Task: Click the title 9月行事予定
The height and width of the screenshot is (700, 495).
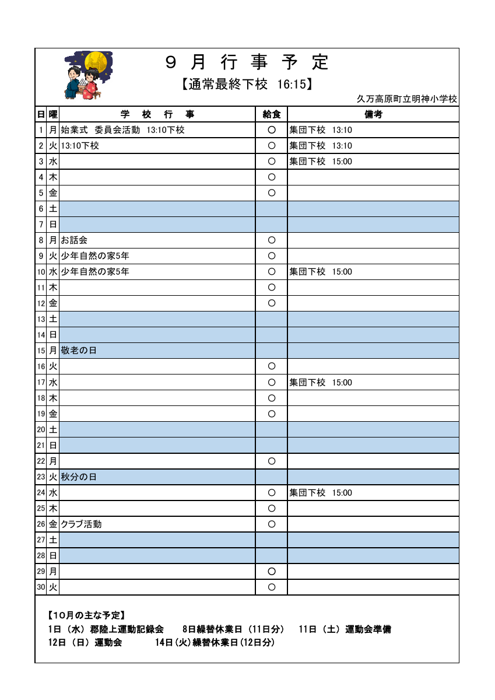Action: tap(247, 62)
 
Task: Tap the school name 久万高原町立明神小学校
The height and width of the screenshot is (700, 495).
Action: tap(407, 99)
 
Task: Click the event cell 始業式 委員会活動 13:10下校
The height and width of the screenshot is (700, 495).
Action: tap(122, 130)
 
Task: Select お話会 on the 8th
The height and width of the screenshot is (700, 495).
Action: tap(75, 240)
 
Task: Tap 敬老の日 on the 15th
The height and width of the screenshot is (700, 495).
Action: tap(79, 351)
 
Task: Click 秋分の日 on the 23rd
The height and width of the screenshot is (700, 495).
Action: tap(79, 477)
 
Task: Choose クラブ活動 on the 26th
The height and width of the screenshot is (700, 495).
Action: tap(81, 524)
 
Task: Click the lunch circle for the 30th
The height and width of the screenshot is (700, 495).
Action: tap(271, 587)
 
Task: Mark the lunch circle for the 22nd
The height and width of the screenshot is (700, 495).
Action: tap(271, 461)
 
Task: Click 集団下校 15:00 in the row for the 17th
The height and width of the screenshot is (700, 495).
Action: tap(321, 383)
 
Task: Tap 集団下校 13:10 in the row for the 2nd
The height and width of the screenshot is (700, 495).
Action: tap(321, 146)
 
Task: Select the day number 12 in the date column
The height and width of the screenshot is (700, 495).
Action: tap(41, 303)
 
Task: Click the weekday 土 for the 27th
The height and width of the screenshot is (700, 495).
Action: tap(53, 540)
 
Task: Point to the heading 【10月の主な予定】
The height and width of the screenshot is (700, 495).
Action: tap(86, 615)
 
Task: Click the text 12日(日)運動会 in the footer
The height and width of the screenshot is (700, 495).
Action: tap(85, 643)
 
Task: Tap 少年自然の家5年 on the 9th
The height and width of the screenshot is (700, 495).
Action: tap(95, 256)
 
